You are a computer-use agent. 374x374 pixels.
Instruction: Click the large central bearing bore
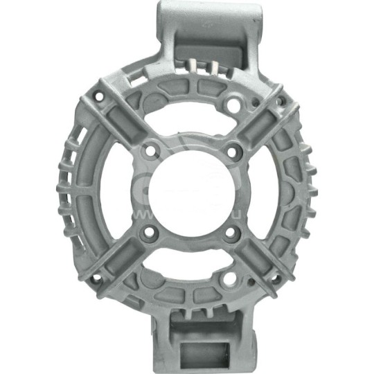(x=188, y=190)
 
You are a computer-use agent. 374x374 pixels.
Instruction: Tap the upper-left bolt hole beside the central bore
(x=147, y=150)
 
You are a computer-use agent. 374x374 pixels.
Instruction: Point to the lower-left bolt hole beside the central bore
(x=147, y=233)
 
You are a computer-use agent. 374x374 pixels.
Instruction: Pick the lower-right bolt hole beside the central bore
(x=230, y=233)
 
